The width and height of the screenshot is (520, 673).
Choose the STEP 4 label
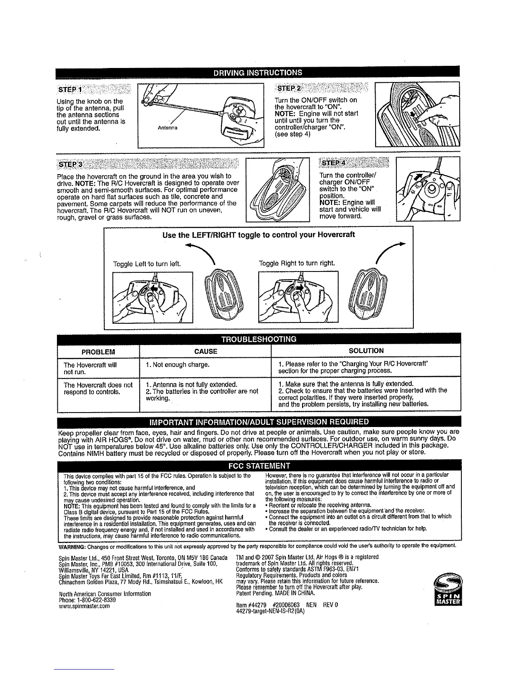click(x=334, y=164)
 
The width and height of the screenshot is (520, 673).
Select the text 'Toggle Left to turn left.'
click(x=147, y=264)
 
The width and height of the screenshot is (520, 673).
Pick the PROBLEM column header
click(x=98, y=351)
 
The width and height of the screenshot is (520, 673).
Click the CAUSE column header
click(x=205, y=351)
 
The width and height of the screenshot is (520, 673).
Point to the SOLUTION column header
click(x=366, y=351)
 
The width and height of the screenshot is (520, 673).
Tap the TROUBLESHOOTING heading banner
click(x=258, y=339)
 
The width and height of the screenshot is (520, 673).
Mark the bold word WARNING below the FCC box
click(x=73, y=546)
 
